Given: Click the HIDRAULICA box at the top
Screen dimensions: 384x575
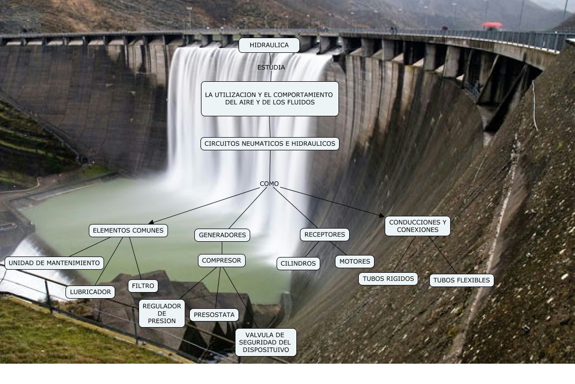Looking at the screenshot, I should [x=269, y=45].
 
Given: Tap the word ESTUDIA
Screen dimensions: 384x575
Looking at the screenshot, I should [x=271, y=68].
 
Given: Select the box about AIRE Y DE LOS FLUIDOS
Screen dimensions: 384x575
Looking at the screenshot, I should [x=269, y=99].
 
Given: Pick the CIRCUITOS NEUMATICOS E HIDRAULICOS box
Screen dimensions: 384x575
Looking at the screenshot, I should [x=269, y=144].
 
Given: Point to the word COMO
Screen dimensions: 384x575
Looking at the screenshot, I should [x=269, y=184].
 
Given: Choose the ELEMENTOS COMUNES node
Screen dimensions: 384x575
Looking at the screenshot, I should [x=128, y=231].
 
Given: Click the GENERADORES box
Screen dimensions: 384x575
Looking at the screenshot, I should [x=222, y=235].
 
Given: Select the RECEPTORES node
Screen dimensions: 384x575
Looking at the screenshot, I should [x=325, y=234].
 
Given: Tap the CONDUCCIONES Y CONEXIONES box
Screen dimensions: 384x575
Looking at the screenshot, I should [x=418, y=226].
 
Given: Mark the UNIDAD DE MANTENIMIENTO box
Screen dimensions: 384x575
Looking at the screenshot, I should [x=54, y=263].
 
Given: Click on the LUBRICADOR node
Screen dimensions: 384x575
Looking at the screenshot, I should [x=90, y=292].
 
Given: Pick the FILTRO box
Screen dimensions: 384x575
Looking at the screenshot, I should [x=143, y=286].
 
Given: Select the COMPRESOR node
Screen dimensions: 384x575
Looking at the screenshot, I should [x=221, y=261].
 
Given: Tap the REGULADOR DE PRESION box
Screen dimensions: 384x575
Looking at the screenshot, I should [x=162, y=313].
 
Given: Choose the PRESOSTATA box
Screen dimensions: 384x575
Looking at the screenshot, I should [x=214, y=315].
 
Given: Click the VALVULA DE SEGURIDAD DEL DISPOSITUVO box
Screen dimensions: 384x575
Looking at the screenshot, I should [x=265, y=342].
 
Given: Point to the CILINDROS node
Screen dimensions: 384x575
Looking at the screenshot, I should [x=298, y=263].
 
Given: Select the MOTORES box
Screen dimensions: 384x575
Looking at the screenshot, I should [x=355, y=262].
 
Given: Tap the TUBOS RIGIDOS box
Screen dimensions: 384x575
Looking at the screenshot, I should [x=388, y=279].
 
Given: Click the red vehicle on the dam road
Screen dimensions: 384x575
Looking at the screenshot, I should [x=492, y=25].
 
